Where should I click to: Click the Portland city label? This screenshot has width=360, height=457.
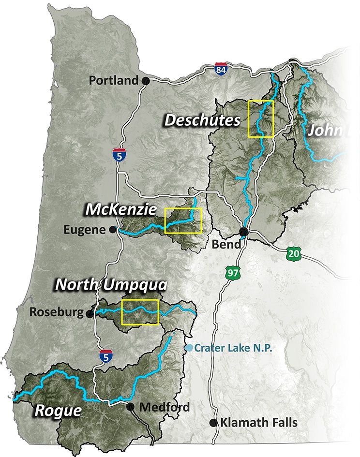click(114, 81)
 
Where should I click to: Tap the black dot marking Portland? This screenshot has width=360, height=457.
click(145, 81)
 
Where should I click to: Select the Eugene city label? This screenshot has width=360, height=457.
click(85, 230)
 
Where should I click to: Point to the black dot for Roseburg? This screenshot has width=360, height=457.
click(90, 314)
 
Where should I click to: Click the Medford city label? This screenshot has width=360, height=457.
click(165, 407)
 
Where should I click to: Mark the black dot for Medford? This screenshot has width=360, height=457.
click(130, 407)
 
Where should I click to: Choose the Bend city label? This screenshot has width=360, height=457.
click(226, 245)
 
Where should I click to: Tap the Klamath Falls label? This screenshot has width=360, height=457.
click(259, 423)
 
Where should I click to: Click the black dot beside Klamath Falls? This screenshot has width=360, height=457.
click(213, 423)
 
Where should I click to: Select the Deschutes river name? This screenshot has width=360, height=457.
click(202, 120)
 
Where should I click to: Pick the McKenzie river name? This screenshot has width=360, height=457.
click(121, 209)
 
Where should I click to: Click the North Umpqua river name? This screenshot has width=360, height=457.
click(111, 284)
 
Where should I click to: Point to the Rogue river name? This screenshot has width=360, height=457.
click(58, 411)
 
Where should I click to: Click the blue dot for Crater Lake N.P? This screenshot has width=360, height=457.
click(190, 348)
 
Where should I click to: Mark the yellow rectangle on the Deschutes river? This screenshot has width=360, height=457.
click(261, 118)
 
